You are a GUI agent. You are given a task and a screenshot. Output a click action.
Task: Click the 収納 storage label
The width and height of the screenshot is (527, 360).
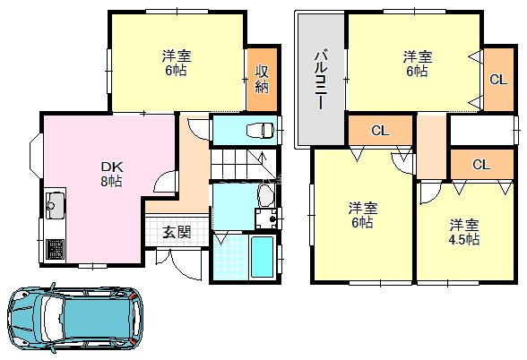tap(262, 79)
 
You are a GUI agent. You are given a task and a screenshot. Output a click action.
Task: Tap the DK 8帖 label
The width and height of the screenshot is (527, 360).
tap(111, 173)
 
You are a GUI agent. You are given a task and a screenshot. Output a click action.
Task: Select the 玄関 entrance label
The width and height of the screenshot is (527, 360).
tap(177, 233)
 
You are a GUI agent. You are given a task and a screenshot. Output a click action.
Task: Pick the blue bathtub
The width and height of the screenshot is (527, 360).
tap(263, 256)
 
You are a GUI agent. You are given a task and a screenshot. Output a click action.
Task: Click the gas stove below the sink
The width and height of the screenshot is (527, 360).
tap(51, 247)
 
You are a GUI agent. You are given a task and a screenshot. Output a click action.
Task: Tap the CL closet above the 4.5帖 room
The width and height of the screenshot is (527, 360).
tap(480, 165)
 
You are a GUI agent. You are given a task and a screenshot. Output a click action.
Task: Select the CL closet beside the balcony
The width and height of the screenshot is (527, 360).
tap(380, 131)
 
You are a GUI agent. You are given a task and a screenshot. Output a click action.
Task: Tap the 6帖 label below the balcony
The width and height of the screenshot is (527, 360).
tap(361, 223)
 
